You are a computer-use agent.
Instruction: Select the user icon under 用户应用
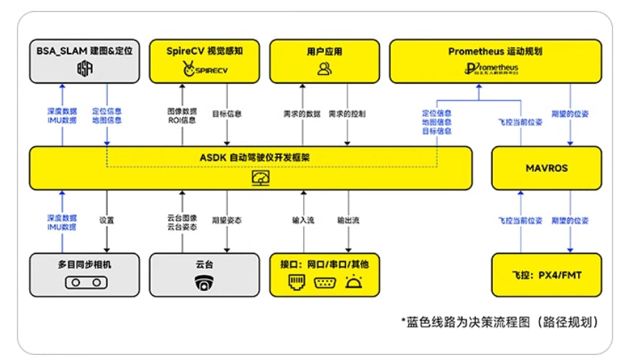click(324, 69)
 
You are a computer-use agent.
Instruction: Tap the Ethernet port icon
click(296, 282)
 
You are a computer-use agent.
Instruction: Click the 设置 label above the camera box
click(107, 220)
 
